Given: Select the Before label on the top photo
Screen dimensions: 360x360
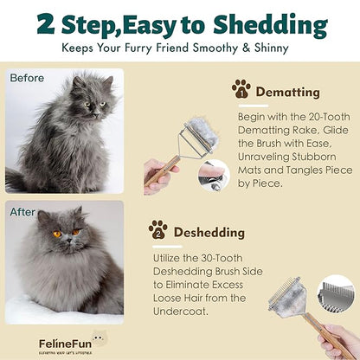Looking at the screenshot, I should click(27, 79).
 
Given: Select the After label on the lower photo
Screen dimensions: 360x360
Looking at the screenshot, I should click(22, 211).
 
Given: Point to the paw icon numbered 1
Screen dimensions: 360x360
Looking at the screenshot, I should click(241, 88).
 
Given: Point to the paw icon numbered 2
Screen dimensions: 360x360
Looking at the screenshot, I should click(157, 230).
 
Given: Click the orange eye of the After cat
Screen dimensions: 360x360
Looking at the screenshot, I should click(56, 234).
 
